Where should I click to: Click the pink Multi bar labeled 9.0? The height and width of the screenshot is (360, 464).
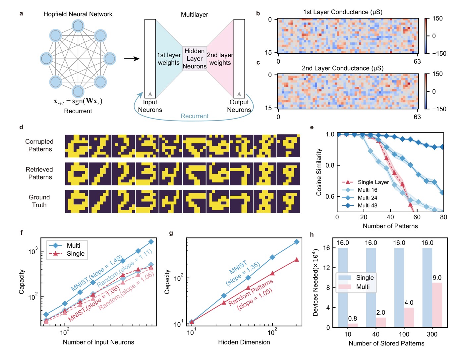click(x=437, y=305)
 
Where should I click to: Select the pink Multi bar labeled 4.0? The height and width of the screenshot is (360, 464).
click(x=409, y=317)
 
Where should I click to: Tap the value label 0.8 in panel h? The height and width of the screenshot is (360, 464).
click(x=353, y=318)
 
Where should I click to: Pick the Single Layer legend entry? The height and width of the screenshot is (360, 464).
click(x=365, y=182)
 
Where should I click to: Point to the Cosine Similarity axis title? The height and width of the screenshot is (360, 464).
click(x=319, y=172)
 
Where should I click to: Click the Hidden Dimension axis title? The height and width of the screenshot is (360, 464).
click(x=244, y=342)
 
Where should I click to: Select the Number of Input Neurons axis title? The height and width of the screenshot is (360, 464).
click(x=98, y=342)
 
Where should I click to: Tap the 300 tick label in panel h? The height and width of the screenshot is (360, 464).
click(x=432, y=334)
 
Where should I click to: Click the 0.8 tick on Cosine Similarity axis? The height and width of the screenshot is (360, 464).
click(x=330, y=165)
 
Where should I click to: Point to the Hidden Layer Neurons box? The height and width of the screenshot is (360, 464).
click(x=195, y=58)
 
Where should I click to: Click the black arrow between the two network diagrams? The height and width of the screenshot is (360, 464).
click(x=132, y=59)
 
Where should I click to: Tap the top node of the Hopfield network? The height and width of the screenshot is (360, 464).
click(x=78, y=26)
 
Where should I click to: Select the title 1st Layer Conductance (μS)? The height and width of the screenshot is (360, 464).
click(x=343, y=12)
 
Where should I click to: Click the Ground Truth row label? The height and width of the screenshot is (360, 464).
click(x=39, y=201)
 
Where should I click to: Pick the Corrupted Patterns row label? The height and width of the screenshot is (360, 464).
click(x=39, y=145)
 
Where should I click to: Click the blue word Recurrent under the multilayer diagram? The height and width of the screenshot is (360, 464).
click(x=195, y=116)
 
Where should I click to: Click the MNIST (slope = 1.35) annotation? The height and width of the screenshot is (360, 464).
click(x=243, y=273)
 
